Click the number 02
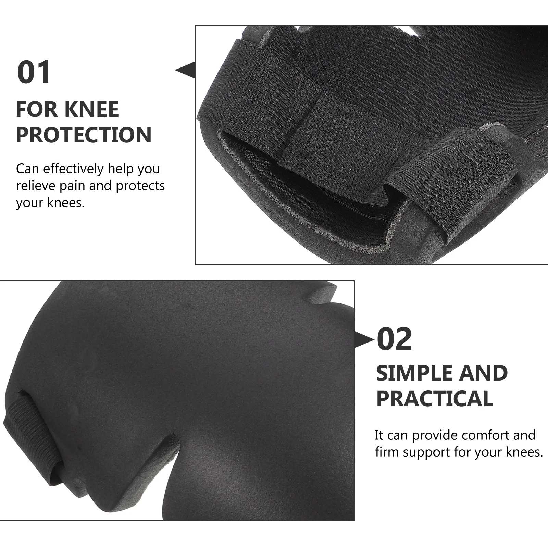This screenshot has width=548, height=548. tap(394, 339)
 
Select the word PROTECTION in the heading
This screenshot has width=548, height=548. tap(84, 135)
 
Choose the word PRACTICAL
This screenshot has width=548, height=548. tap(434, 398)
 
